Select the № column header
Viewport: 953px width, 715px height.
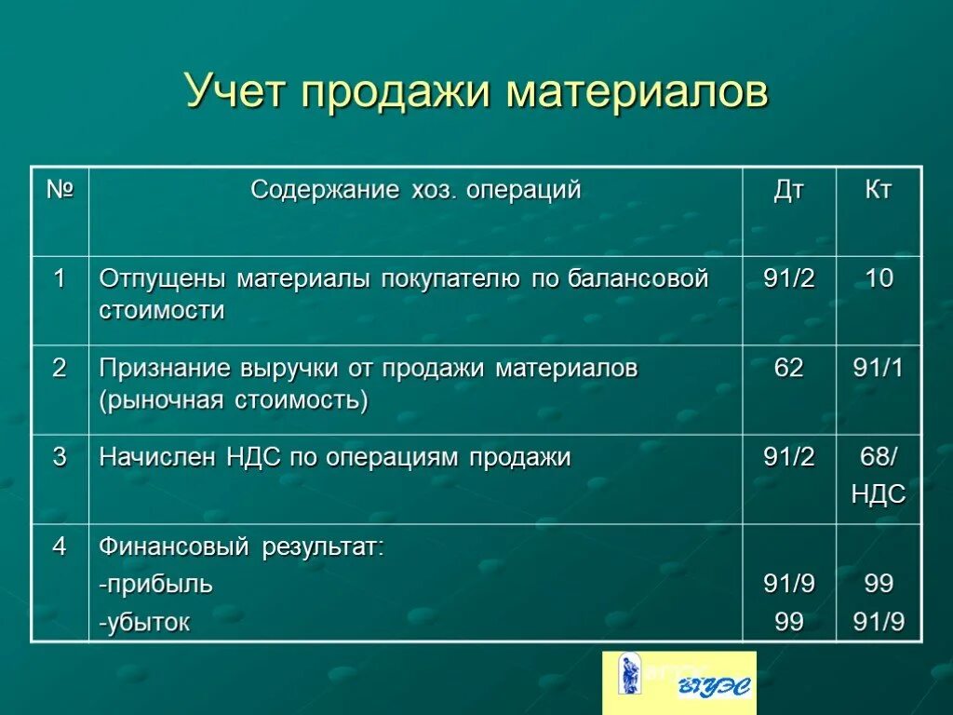[x=60, y=191]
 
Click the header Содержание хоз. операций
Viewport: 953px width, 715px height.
[x=415, y=191]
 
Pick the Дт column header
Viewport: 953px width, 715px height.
[x=788, y=191]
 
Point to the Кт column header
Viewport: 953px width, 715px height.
[x=879, y=191]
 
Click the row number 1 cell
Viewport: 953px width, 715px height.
[x=60, y=278]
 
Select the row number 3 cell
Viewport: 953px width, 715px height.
[x=60, y=457]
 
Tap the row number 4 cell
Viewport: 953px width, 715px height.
[x=60, y=546]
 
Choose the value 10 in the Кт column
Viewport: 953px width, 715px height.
[x=879, y=278]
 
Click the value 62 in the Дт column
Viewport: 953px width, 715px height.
[x=788, y=368]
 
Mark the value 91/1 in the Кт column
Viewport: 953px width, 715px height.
[x=879, y=368]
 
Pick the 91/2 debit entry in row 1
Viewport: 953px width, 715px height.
[x=788, y=278]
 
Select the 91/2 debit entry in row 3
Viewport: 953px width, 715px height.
[x=788, y=457]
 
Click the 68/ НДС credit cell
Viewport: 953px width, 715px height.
[x=879, y=475]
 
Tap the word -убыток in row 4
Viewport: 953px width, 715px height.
[x=144, y=622]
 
